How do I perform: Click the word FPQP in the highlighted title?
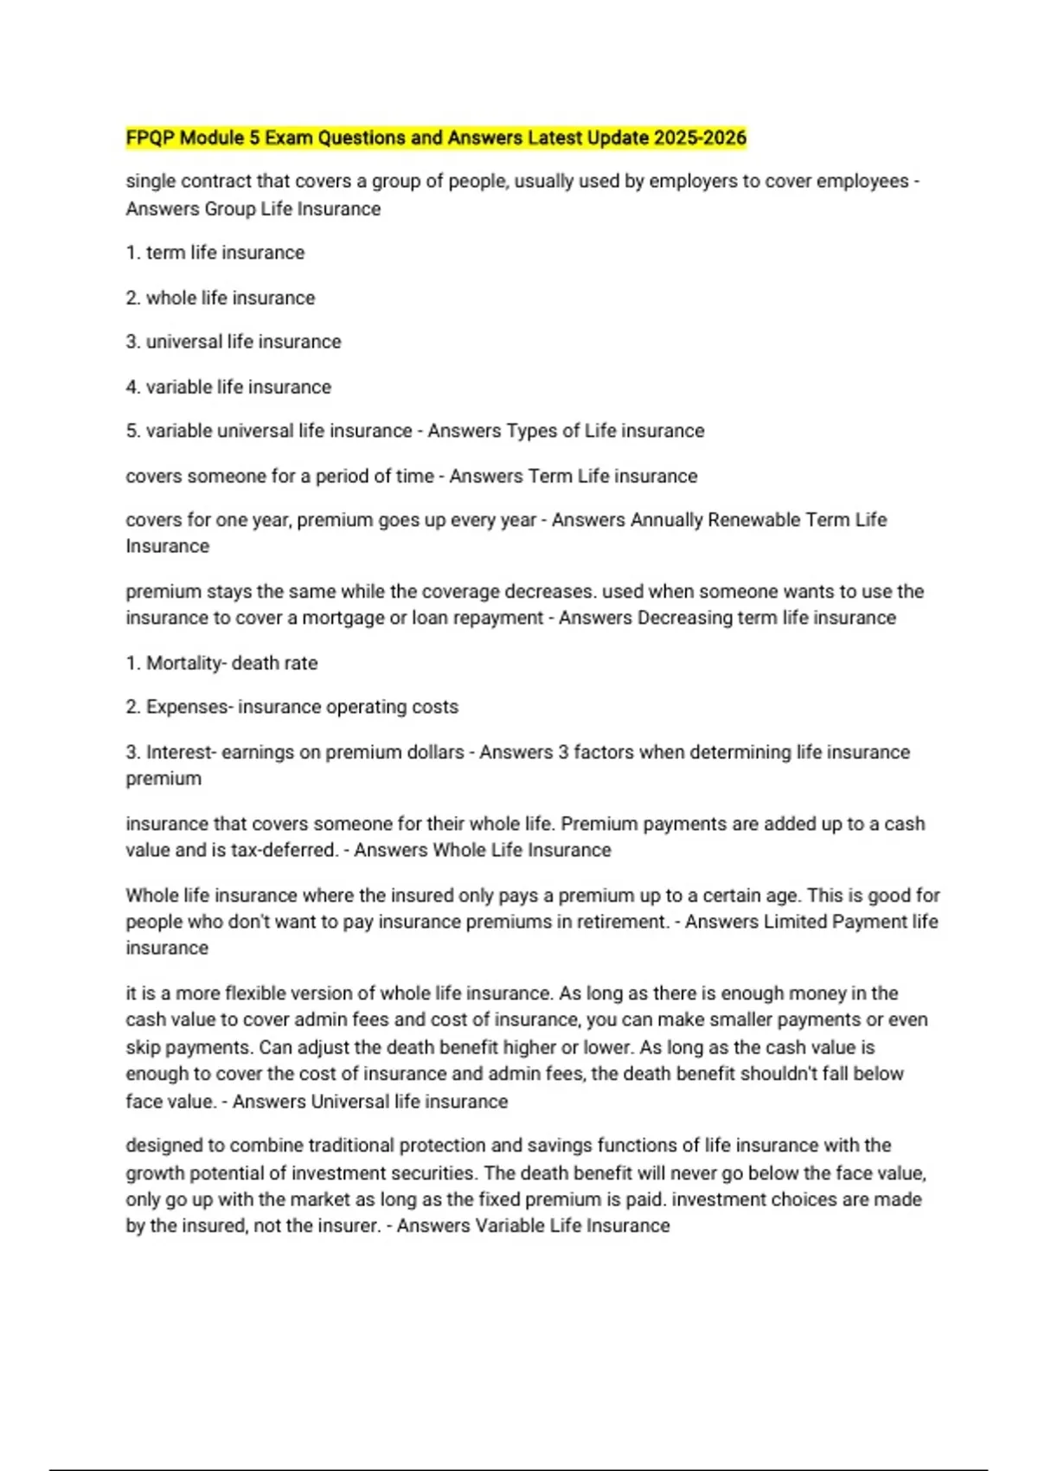150,138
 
